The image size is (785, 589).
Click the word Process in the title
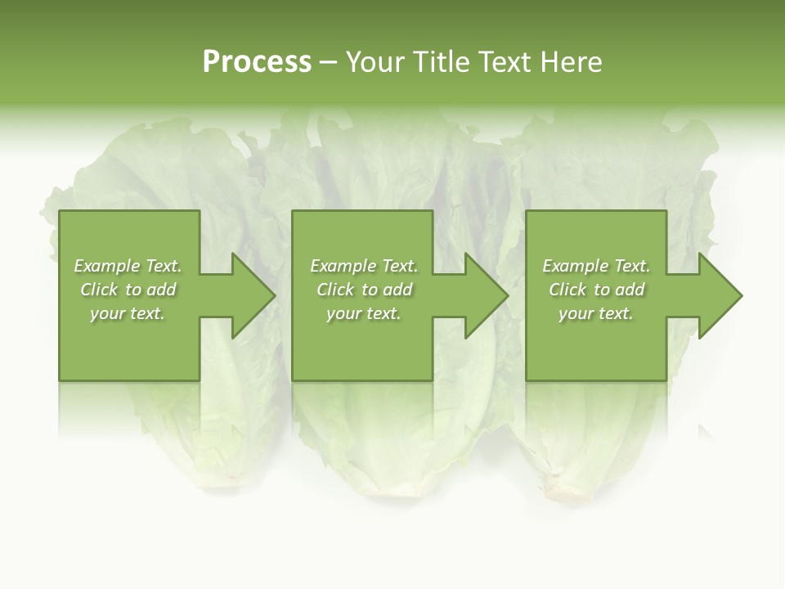[257, 62]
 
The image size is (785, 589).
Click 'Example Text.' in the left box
[128, 266]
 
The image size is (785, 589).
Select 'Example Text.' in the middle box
[364, 266]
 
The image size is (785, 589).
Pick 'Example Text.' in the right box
[596, 266]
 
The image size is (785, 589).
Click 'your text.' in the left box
[128, 313]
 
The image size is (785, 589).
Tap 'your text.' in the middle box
[364, 313]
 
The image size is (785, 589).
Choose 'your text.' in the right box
[596, 313]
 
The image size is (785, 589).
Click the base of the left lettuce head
[213, 479]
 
